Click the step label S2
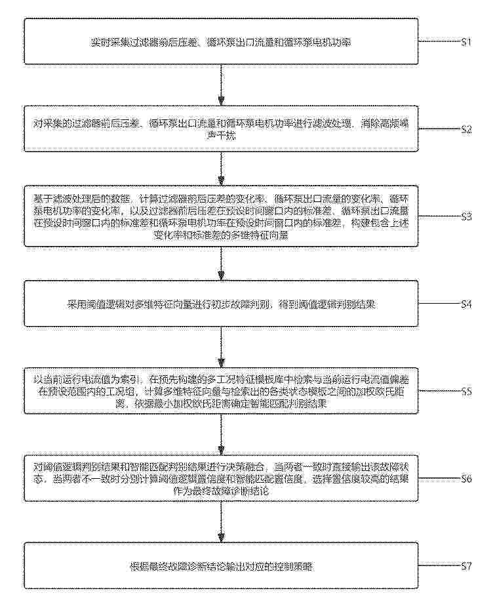click(x=466, y=129)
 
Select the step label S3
click(x=466, y=216)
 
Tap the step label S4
click(x=466, y=304)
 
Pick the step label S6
click(x=466, y=478)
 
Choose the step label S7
click(x=466, y=565)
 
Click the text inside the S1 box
click(x=222, y=43)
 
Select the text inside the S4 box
click(x=222, y=304)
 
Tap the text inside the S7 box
click(x=222, y=565)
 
